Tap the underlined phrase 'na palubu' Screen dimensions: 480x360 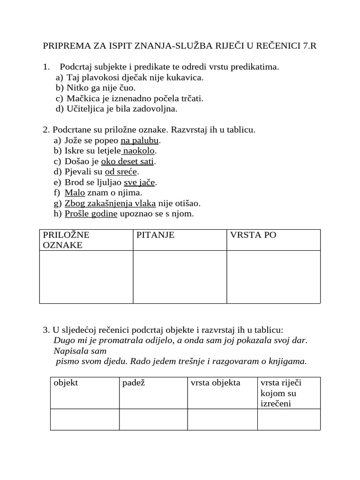(140, 141)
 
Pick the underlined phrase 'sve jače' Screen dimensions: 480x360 (139, 182)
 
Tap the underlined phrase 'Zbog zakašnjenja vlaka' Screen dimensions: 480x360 (110, 203)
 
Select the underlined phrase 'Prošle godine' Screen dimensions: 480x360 (91, 214)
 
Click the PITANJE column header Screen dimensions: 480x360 (155, 235)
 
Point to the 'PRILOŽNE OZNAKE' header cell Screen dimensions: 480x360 (66, 240)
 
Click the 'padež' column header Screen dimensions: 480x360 (133, 383)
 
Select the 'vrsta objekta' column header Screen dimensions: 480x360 (216, 383)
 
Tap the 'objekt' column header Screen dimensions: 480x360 (66, 383)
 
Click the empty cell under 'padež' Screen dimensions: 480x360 (153, 419)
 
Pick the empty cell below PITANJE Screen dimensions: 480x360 (180, 277)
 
